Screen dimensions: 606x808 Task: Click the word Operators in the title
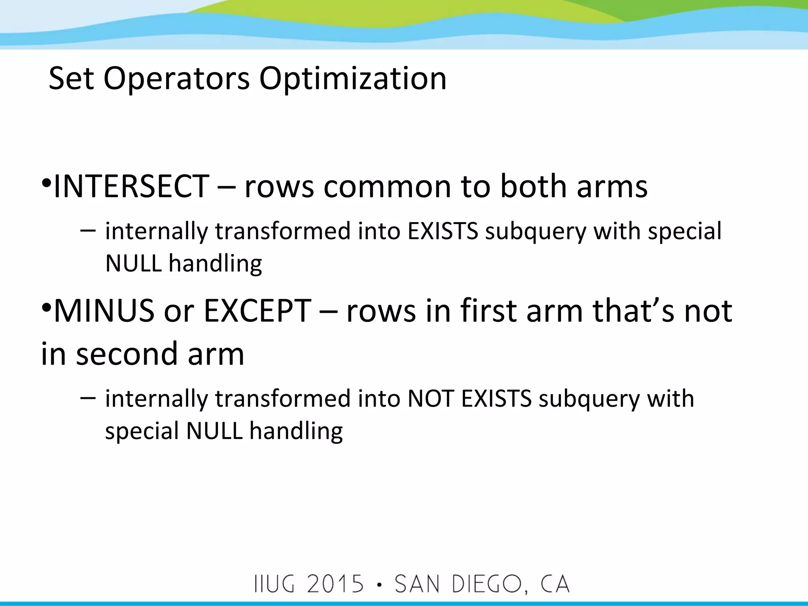(176, 79)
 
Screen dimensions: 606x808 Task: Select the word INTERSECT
(131, 186)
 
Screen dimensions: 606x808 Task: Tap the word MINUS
(104, 311)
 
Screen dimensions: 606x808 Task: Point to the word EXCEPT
(257, 311)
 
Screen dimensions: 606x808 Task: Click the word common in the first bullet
(387, 186)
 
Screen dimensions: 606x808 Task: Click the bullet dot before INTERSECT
(46, 184)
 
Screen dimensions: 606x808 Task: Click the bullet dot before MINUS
(46, 308)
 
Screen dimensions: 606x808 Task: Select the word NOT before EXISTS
(430, 398)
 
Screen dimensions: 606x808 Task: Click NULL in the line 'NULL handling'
(133, 263)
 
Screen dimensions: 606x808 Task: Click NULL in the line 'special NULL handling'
(214, 430)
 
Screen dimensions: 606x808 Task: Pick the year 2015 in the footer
(335, 584)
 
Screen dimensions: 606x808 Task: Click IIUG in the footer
(275, 584)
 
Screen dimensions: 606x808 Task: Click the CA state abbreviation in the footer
(555, 584)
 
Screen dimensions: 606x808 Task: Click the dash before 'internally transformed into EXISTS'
(88, 230)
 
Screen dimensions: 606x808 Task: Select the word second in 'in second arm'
(127, 353)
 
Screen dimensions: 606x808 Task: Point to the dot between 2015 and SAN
(379, 585)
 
